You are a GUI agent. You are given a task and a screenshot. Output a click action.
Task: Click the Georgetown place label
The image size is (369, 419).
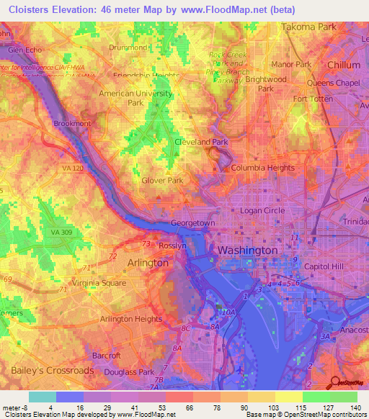192,223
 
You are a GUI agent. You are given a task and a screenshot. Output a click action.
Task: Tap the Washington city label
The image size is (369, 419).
247,251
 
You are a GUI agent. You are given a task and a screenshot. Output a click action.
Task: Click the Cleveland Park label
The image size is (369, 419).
201,142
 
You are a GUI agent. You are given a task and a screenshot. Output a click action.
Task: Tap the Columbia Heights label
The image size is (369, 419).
262,168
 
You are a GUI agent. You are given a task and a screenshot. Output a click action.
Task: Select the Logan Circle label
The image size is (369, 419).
262,210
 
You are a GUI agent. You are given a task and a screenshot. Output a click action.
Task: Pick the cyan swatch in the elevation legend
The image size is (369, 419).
42,397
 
